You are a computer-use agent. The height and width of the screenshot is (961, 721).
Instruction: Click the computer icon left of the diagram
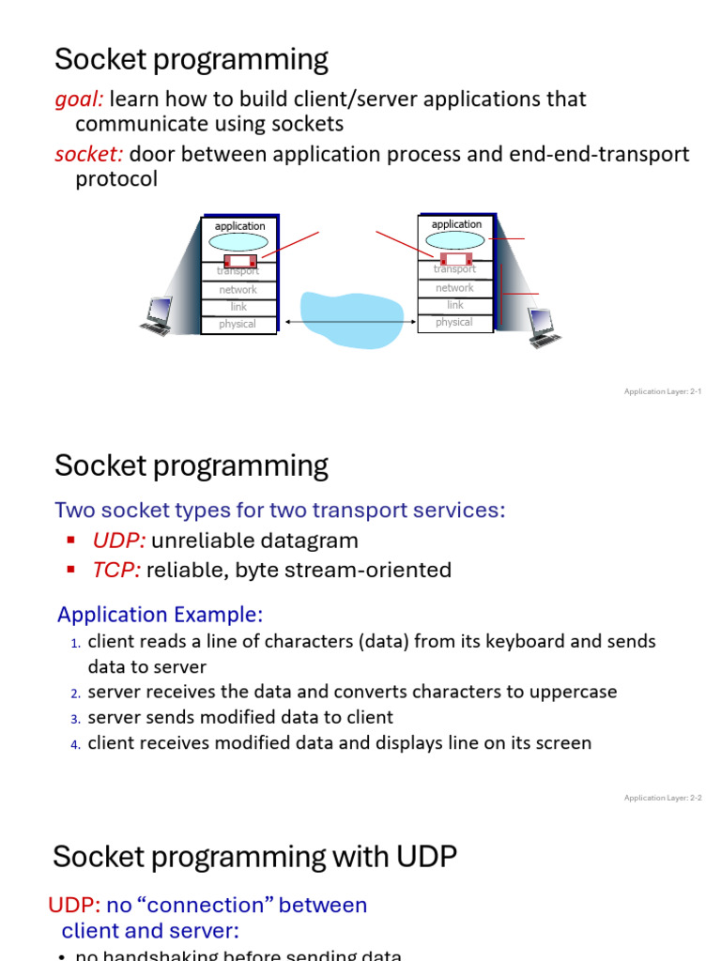(156, 316)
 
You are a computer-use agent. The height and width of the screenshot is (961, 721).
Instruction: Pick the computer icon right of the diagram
(543, 328)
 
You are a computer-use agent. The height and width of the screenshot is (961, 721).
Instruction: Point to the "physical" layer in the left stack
(238, 325)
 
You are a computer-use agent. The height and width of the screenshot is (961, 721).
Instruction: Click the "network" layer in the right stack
(454, 288)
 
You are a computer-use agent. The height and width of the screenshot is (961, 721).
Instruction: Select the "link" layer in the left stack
(238, 307)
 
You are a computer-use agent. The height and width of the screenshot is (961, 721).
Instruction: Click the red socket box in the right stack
(455, 258)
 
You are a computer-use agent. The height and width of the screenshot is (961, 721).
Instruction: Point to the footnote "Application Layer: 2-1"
(663, 391)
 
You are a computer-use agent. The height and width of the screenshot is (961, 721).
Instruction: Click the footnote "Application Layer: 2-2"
(663, 798)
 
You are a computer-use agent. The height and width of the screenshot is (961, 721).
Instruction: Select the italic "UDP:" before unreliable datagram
(118, 541)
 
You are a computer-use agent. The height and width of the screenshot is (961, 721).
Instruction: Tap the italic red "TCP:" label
(116, 570)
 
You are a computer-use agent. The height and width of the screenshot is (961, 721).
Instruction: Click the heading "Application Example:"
(161, 615)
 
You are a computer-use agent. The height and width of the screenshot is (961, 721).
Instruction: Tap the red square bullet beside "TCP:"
(71, 570)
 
